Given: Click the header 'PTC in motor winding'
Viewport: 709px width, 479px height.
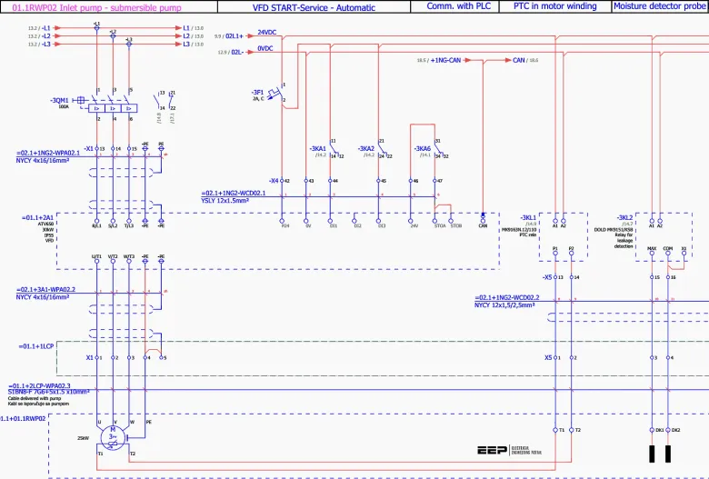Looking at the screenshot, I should [x=554, y=5].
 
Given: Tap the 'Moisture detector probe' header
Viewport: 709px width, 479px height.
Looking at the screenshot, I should [x=660, y=5].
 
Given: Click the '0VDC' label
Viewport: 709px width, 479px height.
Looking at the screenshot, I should [x=265, y=48].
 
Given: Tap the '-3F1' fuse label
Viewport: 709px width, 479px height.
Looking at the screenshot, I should [x=257, y=92].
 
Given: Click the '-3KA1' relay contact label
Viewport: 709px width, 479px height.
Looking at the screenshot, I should [x=317, y=147].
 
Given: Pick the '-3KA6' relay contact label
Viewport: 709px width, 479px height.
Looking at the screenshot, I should [x=422, y=147].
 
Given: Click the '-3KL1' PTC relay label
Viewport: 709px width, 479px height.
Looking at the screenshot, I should [x=528, y=217].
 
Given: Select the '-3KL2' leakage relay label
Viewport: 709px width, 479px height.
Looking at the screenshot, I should [x=624, y=217].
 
